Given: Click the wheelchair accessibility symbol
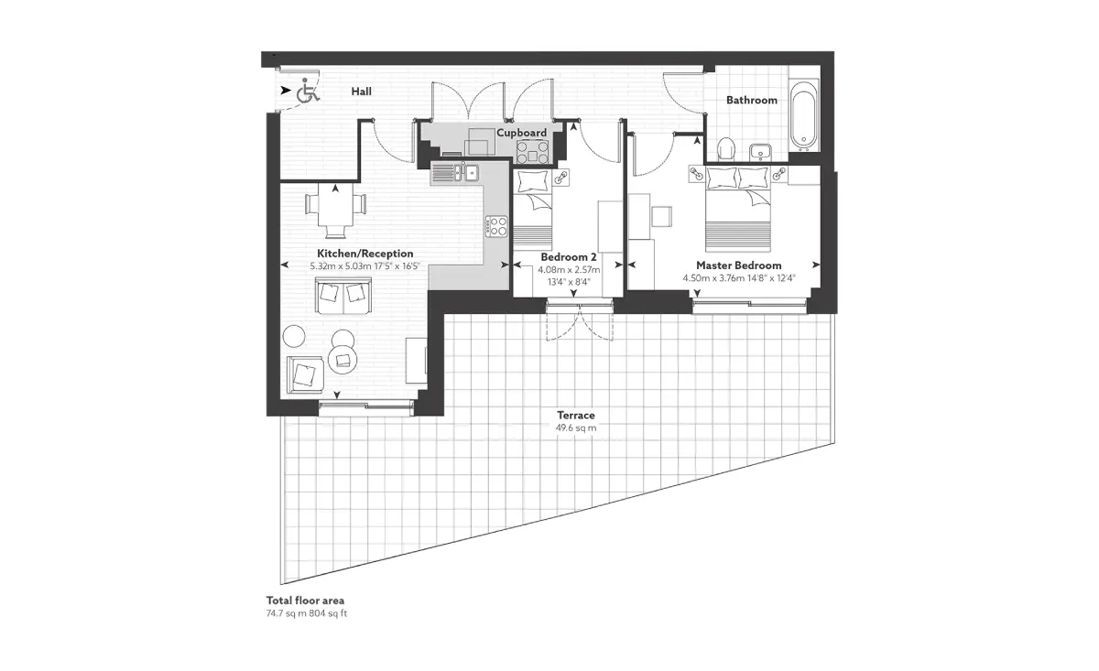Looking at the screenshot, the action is tap(308, 91).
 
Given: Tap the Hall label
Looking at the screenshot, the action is tap(361, 92).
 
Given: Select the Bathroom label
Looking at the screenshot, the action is tap(752, 100).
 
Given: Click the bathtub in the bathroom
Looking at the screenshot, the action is tap(804, 115).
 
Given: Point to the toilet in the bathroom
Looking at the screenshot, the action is tap(726, 148).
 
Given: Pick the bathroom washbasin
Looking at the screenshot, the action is tap(760, 152).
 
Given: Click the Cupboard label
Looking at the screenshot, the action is tap(521, 133).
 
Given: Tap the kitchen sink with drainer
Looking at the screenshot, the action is tap(455, 172).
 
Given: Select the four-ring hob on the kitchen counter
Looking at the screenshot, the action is tap(496, 227).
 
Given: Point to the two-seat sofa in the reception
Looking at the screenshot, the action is tap(343, 296).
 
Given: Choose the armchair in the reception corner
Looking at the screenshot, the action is tap(305, 374).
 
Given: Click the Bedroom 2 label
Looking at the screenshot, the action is tap(569, 257).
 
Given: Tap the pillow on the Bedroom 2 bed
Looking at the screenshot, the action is tap(533, 181).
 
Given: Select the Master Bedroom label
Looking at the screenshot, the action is tap(739, 265).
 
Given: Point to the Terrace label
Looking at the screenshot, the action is tap(576, 415).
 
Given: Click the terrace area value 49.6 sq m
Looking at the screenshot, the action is tap(576, 427).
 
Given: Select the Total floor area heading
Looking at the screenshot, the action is tap(305, 601).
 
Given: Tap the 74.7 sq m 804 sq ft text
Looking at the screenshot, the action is tap(307, 613).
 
